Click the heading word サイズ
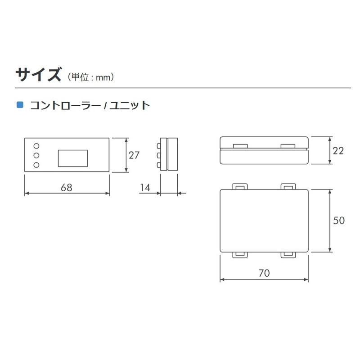tap(38, 75)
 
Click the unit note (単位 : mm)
tap(91, 77)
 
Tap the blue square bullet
tap(20, 105)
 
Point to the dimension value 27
tap(134, 155)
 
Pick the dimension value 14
tap(145, 187)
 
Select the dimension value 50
tap(339, 220)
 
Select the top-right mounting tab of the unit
tap(288, 186)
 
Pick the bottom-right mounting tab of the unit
tap(288, 255)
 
